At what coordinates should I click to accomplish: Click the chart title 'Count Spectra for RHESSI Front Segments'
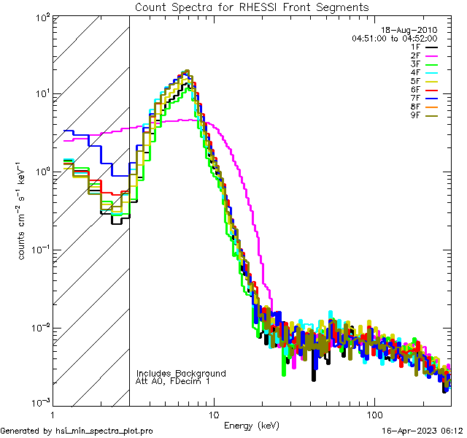click(252, 7)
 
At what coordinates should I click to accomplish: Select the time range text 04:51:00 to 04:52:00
click(394, 38)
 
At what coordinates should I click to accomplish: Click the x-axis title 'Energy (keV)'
click(251, 425)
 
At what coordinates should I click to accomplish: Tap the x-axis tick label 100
click(374, 412)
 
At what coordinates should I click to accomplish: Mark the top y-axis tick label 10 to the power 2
click(38, 16)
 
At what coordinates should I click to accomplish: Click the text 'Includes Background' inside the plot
click(181, 373)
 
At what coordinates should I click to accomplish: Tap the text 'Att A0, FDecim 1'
click(172, 381)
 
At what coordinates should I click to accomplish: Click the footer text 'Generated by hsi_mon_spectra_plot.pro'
click(77, 431)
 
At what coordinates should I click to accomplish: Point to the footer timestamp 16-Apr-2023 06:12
click(422, 431)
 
